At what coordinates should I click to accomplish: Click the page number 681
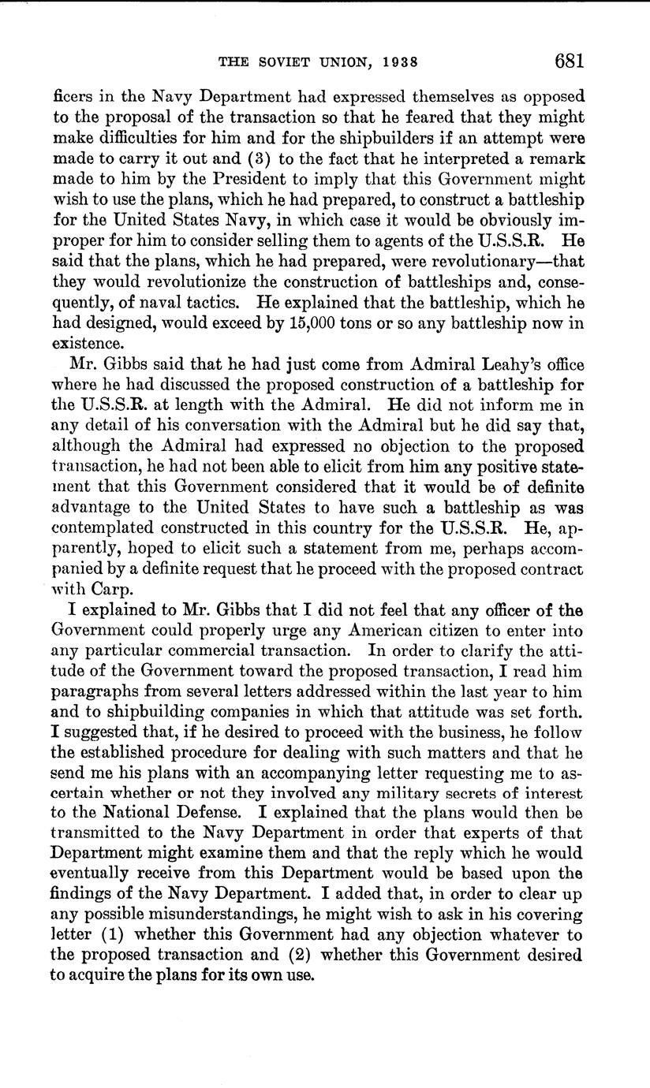coord(568,61)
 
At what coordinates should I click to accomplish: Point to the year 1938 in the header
coord(394,62)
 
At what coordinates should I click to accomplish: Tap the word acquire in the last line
coord(96,975)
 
